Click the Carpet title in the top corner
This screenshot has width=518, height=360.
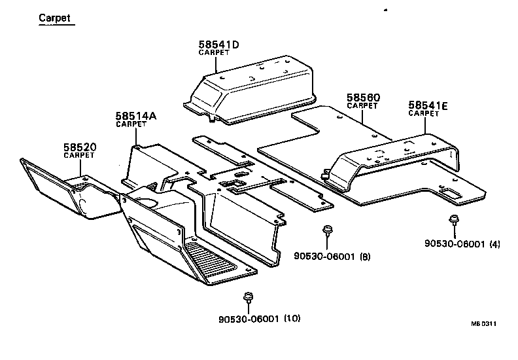[55, 18]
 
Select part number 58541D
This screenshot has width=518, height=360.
[219, 45]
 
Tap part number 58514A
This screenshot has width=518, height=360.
[136, 116]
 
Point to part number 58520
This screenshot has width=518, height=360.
[80, 147]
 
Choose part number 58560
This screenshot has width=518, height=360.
[363, 98]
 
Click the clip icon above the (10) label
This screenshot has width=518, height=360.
[248, 298]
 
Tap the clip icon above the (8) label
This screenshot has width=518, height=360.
[327, 230]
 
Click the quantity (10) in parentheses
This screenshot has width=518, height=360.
[292, 319]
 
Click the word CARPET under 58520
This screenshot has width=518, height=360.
[78, 155]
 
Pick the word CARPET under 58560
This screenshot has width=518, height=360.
[362, 105]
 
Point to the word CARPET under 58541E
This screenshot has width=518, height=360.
[423, 113]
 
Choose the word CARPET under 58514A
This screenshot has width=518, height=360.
[131, 124]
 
